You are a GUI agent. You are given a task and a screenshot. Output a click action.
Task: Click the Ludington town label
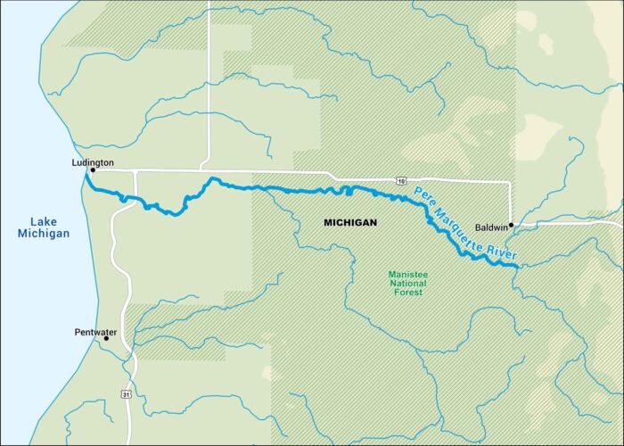pos(93,162)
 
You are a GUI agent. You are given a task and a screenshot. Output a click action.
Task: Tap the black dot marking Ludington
pos(93,169)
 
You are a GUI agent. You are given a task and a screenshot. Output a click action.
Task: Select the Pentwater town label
pos(94,331)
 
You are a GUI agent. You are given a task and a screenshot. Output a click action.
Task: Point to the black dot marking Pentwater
pos(106,338)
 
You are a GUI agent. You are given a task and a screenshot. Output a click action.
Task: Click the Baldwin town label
pos(489,227)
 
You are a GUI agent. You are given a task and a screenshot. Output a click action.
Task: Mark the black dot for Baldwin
pos(511,225)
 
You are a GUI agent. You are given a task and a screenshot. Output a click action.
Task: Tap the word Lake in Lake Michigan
pos(43,222)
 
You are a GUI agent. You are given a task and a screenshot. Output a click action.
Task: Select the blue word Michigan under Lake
pos(43,234)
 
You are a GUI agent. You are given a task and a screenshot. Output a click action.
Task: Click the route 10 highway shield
pos(402,181)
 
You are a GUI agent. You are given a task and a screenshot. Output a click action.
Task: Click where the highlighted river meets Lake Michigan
pos(86,175)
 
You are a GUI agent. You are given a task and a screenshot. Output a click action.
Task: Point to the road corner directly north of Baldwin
pos(510,183)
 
